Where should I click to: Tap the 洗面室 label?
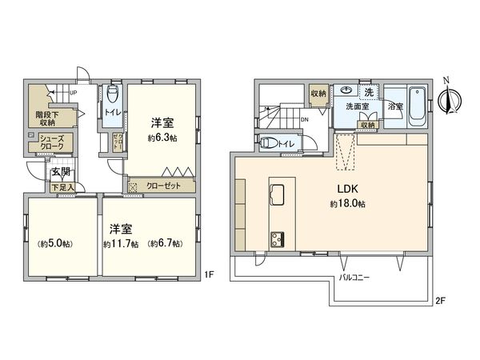(x=356, y=106)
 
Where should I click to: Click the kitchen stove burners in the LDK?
(x=278, y=238)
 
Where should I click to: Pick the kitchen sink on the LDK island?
(x=278, y=195)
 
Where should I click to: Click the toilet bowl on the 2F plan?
(x=271, y=143)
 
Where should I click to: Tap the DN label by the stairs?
(x=304, y=121)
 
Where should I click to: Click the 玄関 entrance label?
(x=61, y=173)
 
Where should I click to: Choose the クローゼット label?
(x=163, y=185)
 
